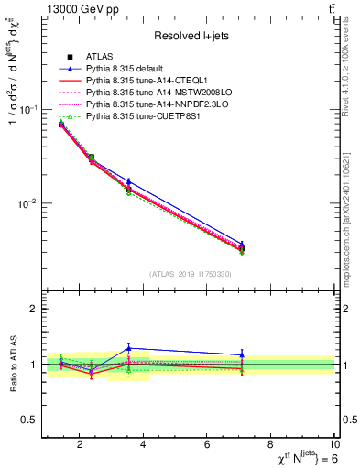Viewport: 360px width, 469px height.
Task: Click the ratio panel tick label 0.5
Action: coord(30,420)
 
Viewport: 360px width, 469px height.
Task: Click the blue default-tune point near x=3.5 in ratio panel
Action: coord(128,348)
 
